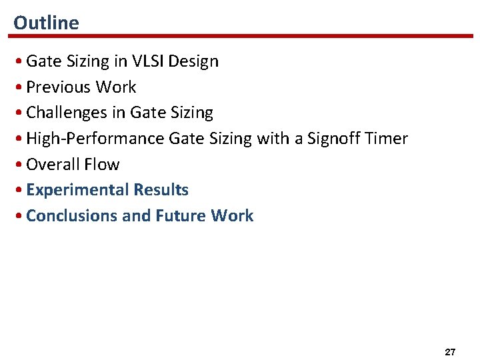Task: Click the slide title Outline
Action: tap(46, 23)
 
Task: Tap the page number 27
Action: tap(449, 351)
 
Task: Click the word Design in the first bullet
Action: tap(193, 61)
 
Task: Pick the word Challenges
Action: tap(67, 113)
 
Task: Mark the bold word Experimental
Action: tap(77, 191)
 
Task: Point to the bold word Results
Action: tap(161, 190)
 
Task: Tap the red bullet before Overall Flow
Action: tap(20, 165)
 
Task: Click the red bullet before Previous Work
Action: tap(20, 88)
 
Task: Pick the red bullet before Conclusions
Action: tap(20, 217)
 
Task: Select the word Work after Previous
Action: tap(115, 87)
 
